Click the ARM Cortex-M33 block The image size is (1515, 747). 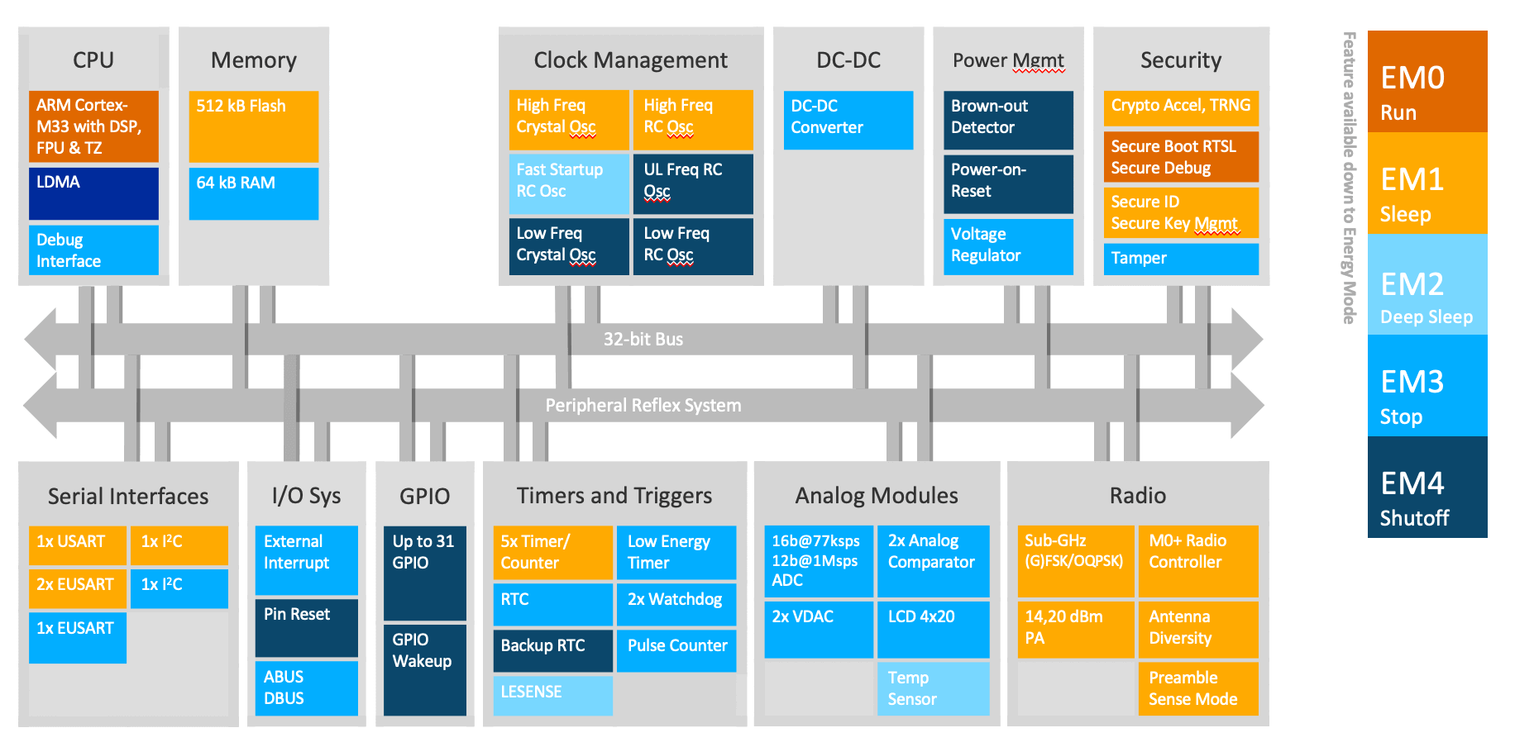(x=93, y=126)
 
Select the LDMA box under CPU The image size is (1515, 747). (x=93, y=193)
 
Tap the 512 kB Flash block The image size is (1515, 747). (x=253, y=126)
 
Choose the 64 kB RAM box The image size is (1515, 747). (x=253, y=193)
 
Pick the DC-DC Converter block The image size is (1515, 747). (x=848, y=120)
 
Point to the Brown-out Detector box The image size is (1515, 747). (x=1007, y=120)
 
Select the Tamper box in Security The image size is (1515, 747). (x=1180, y=259)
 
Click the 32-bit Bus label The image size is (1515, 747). (x=643, y=340)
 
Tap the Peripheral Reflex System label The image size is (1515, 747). (x=643, y=406)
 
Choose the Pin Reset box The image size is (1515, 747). (x=306, y=627)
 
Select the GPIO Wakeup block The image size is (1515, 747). (x=424, y=669)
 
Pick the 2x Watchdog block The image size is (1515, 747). (x=676, y=604)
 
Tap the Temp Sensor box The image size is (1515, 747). (x=933, y=688)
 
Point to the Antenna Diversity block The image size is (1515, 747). (x=1197, y=629)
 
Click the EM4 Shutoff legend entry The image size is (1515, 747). (x=1427, y=488)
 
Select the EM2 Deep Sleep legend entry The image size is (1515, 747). (x=1427, y=285)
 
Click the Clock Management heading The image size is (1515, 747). (x=630, y=60)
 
